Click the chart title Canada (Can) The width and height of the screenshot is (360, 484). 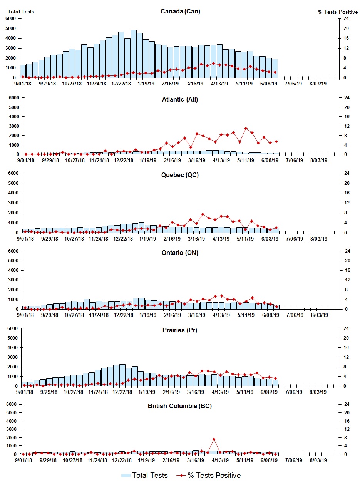point(180,11)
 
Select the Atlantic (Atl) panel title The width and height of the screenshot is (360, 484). point(180,100)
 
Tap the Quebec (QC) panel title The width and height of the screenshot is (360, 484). point(180,175)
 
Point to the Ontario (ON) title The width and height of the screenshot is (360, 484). point(180,253)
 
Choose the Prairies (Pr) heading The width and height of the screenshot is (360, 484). point(180,330)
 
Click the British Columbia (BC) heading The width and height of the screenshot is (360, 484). point(180,406)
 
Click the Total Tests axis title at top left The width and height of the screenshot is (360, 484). point(21,12)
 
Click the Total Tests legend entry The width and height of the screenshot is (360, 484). point(144,476)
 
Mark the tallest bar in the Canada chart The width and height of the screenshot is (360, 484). point(134,54)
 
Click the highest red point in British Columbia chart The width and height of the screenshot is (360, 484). point(214,439)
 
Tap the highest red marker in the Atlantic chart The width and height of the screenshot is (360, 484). point(246,128)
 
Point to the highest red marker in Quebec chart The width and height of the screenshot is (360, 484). point(203,214)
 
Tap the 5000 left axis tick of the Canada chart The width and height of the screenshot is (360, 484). point(11,28)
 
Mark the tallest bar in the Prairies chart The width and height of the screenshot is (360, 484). point(122,375)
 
